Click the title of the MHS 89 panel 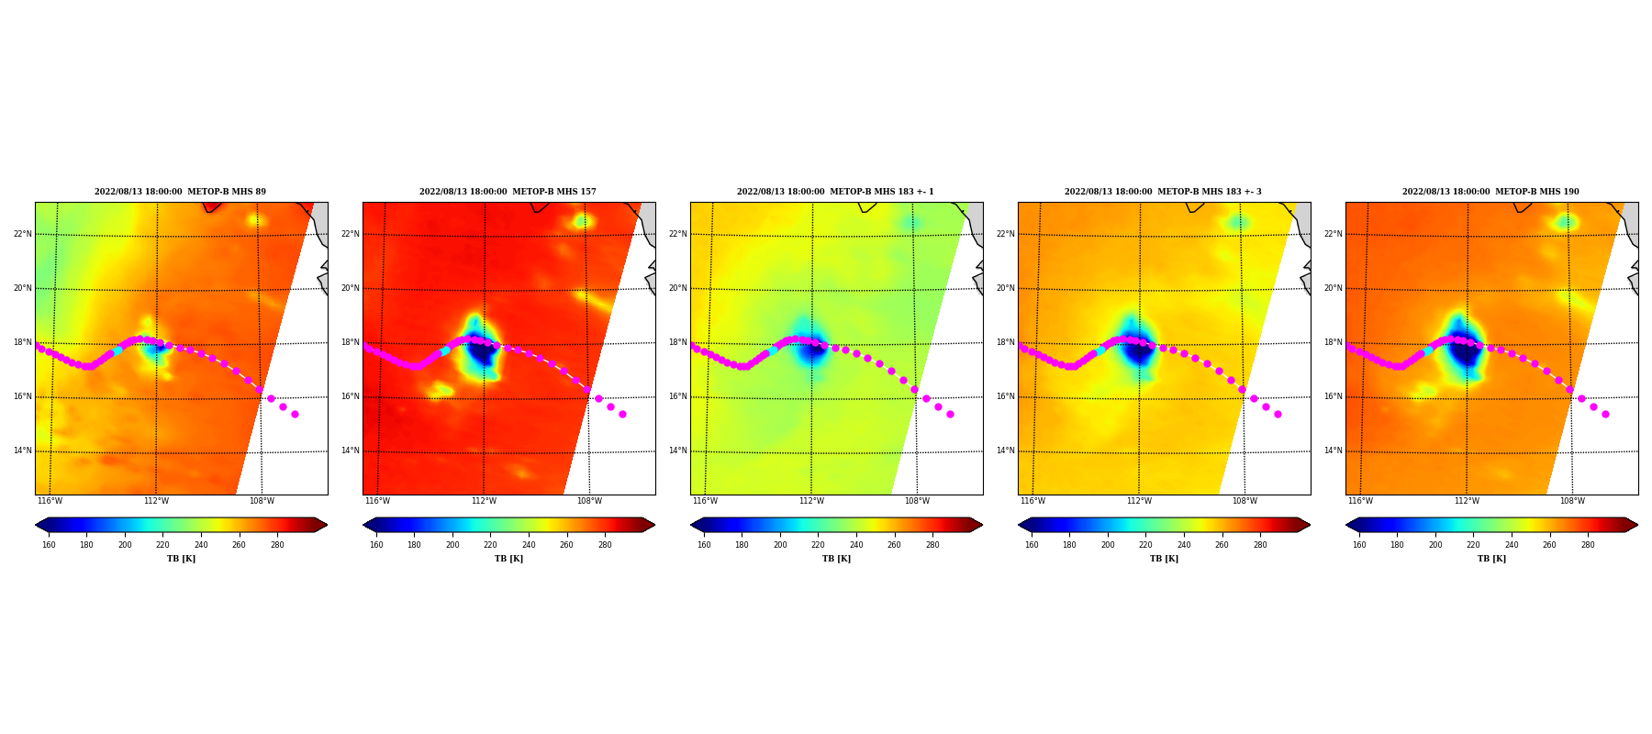point(180,192)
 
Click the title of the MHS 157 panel point(508,192)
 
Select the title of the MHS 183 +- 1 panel point(835,192)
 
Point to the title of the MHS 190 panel point(1490,192)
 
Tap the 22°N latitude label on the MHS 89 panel point(22,234)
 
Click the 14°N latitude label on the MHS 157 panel point(350,450)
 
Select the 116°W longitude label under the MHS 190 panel point(1360,501)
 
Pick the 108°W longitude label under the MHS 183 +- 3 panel point(1245,501)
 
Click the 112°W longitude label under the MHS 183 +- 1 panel point(811,501)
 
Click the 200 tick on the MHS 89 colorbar point(125,544)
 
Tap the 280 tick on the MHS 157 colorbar point(605,544)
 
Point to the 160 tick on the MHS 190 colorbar point(1359,544)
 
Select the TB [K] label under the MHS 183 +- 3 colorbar point(1164,559)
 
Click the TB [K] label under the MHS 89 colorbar point(181,559)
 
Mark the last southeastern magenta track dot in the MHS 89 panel point(295,414)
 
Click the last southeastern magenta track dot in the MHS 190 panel point(1605,414)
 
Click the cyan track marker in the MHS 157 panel point(445,350)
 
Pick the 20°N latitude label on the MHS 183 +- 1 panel point(677,288)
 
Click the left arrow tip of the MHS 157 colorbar point(363,525)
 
